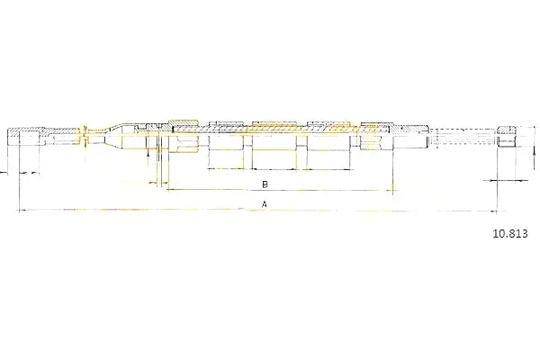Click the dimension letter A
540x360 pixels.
(x=265, y=204)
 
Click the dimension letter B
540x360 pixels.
(x=265, y=184)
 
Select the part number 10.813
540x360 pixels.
(x=510, y=234)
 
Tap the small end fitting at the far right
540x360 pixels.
(x=507, y=137)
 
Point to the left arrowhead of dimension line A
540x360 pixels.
(x=22, y=210)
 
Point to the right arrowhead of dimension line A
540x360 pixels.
(x=493, y=211)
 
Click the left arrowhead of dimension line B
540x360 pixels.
(x=170, y=190)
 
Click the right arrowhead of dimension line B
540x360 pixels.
(x=389, y=190)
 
